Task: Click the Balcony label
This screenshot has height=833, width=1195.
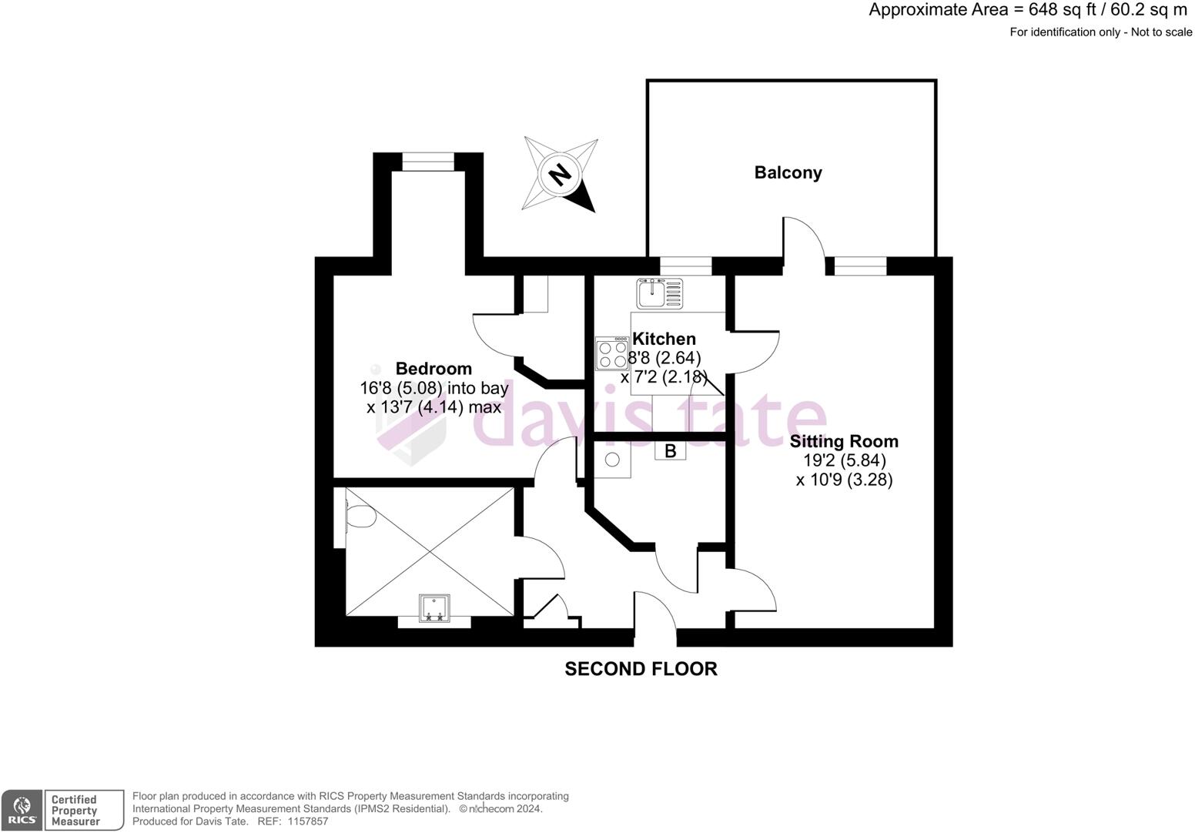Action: [x=788, y=172]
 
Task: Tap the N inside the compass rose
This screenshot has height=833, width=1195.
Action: [x=561, y=175]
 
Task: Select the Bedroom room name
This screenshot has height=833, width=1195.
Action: [x=433, y=368]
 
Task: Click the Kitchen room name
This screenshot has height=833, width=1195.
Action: [x=664, y=339]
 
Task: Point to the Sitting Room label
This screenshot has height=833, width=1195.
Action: [x=844, y=441]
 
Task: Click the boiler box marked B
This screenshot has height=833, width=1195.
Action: [x=670, y=451]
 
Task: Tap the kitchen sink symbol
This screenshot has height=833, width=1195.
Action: [x=660, y=293]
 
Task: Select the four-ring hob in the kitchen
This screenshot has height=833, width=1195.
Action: [x=612, y=354]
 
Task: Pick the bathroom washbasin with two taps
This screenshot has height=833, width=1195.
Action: [x=433, y=608]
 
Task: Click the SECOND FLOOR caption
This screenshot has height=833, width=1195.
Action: [x=641, y=669]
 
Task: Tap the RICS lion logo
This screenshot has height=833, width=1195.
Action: [x=22, y=811]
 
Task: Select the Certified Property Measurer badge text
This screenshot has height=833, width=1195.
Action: [x=75, y=811]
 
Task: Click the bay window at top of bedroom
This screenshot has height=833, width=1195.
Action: [x=429, y=162]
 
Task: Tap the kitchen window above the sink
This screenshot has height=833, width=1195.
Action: [x=685, y=266]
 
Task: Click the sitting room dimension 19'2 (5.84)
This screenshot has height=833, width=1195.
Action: [x=844, y=460]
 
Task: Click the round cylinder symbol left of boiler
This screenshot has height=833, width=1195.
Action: [x=612, y=460]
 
